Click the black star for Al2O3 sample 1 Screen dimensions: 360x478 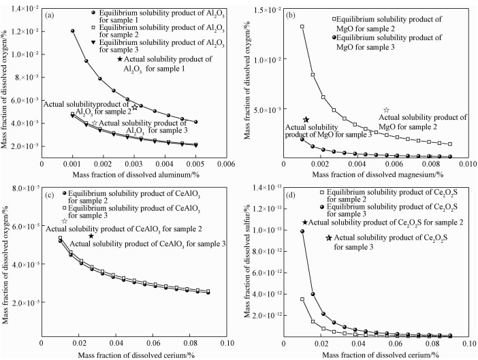pyautogui.click(x=120, y=60)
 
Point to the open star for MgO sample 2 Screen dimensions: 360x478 pyautogui.click(x=387, y=110)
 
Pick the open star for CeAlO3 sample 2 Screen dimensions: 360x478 pyautogui.click(x=65, y=220)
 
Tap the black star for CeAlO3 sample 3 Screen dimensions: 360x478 pyautogui.click(x=91, y=235)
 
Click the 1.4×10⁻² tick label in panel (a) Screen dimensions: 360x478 pyautogui.click(x=23, y=7)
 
